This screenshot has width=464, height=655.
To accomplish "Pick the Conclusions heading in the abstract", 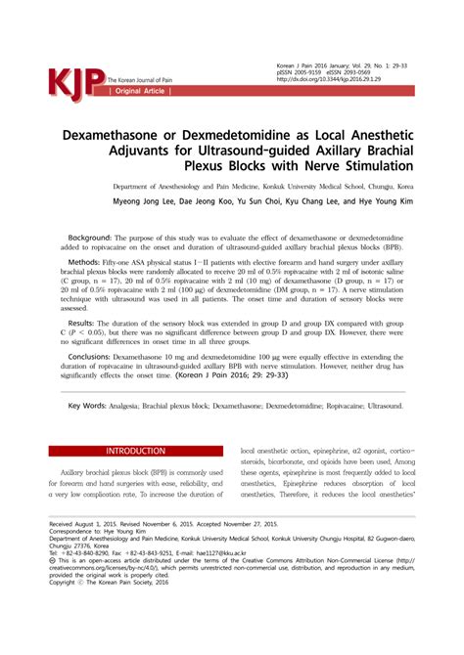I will (x=90, y=358).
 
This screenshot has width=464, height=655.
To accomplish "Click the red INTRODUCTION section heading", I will (x=136, y=452).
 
